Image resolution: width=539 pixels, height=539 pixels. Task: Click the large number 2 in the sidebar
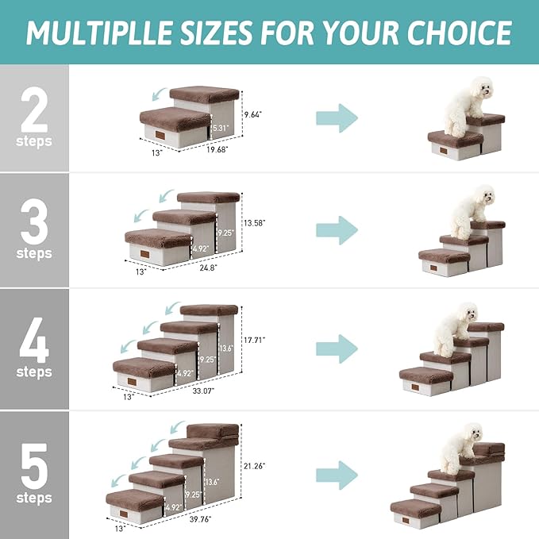33,112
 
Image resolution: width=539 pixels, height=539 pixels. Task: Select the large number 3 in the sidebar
33,224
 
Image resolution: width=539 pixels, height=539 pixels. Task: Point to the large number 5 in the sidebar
33,468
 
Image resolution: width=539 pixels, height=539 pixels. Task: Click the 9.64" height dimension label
253,114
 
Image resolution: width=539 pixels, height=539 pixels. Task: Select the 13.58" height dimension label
254,223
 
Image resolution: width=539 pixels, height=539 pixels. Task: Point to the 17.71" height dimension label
254,340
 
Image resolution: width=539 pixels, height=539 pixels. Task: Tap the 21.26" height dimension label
254,466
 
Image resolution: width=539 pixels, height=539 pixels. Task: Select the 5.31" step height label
220,127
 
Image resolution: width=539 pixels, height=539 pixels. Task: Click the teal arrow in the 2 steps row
337,118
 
